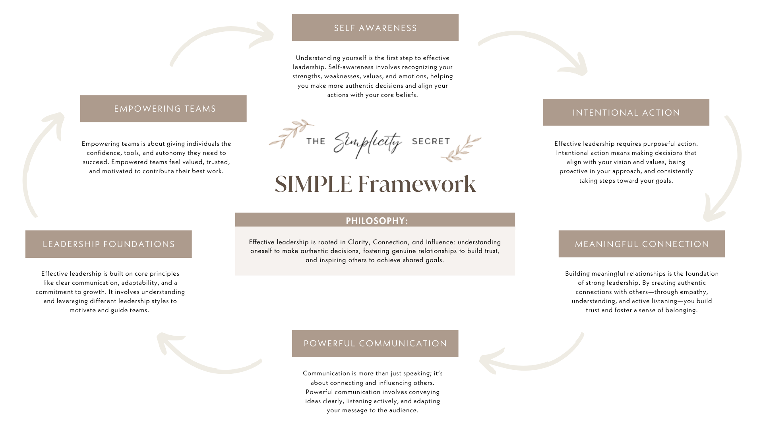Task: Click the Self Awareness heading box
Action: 375,28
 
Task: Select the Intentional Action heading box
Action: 626,112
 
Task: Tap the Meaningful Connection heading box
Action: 641,244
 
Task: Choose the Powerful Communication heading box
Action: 375,343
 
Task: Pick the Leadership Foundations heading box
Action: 108,244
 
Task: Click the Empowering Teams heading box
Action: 163,108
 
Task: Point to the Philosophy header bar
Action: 375,220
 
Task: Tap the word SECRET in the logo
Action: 431,141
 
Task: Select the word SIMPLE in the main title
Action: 313,184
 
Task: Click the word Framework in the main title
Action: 416,184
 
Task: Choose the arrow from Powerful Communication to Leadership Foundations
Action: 207,359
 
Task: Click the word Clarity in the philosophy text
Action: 358,242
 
